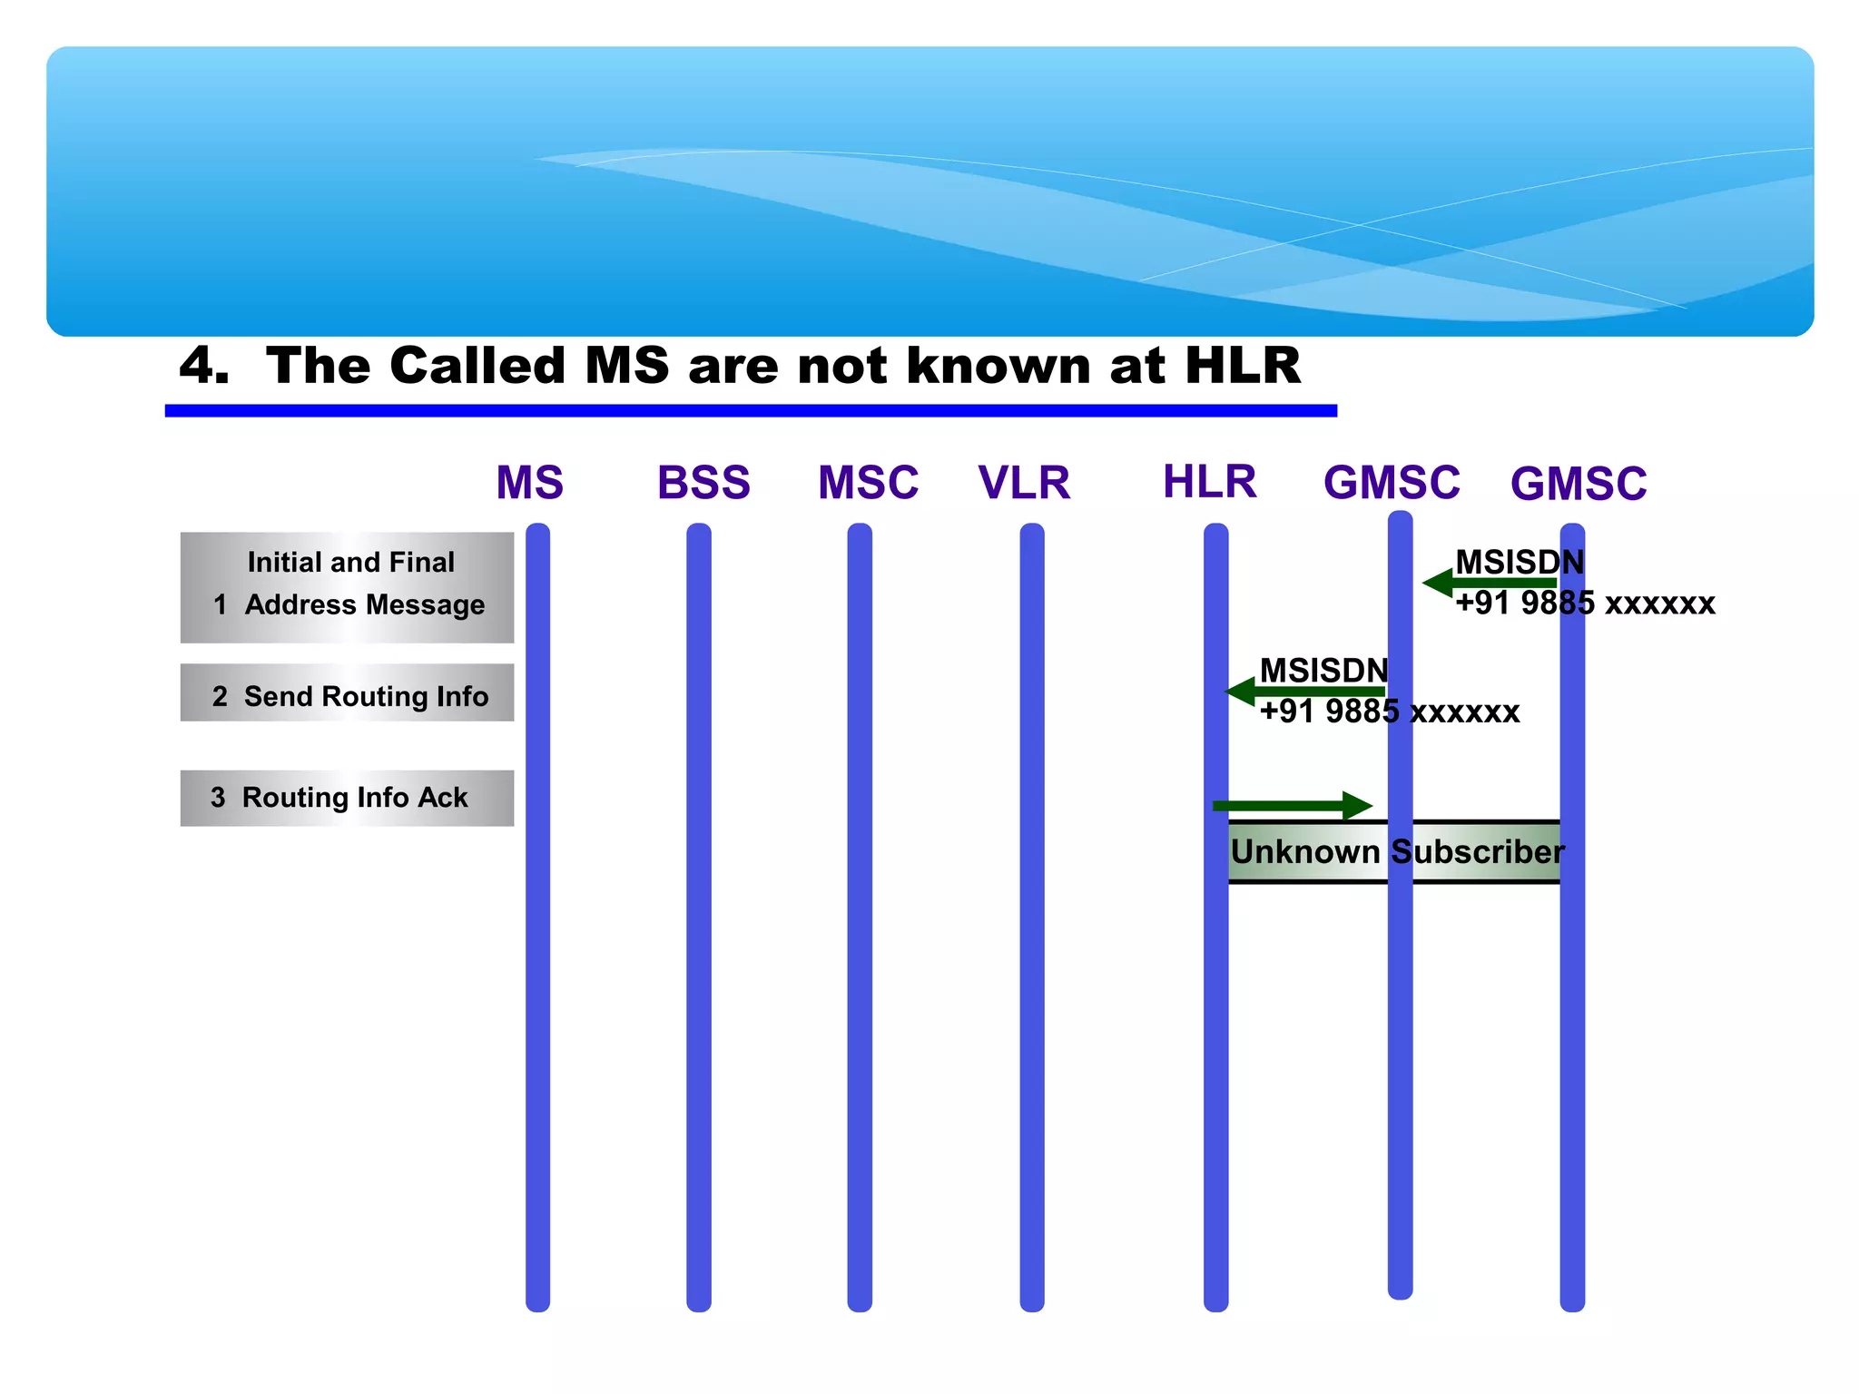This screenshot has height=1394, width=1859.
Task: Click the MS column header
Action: click(529, 483)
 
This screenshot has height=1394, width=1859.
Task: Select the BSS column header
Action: click(703, 483)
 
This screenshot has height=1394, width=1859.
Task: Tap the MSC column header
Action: click(868, 483)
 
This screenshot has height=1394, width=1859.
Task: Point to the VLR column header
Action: click(1024, 483)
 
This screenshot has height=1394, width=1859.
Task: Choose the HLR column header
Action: click(1209, 481)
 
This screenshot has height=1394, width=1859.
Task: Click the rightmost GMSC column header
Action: click(1578, 484)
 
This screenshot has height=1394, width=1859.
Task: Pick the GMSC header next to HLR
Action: click(1392, 483)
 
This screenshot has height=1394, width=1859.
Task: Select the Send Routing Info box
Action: click(347, 693)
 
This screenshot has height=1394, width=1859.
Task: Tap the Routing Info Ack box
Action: click(347, 798)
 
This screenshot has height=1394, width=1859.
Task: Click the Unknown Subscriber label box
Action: click(1393, 851)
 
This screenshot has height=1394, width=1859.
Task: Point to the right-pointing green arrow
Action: click(1293, 805)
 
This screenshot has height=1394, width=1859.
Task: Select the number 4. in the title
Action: click(203, 366)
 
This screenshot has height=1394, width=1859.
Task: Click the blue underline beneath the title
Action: click(751, 411)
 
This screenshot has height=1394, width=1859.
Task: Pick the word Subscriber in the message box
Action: click(1477, 851)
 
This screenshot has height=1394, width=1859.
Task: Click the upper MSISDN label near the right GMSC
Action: click(1519, 562)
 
